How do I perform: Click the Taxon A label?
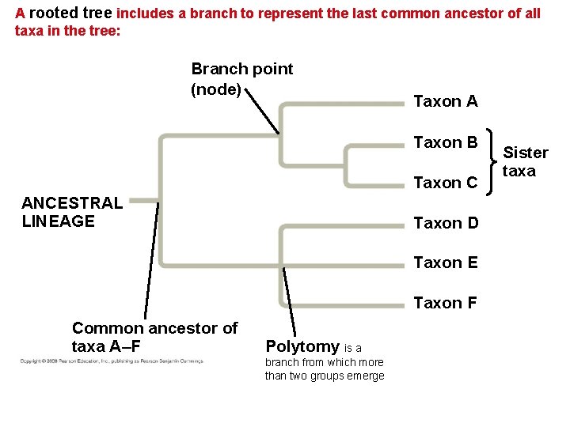[446, 101]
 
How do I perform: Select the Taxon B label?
[446, 142]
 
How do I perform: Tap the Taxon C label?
[446, 183]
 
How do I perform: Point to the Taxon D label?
[446, 223]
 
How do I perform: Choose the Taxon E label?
[446, 263]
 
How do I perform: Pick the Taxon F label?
[446, 303]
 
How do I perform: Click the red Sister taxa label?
[526, 161]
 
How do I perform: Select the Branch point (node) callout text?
[241, 79]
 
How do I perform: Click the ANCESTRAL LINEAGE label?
[72, 212]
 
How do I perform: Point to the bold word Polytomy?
[302, 346]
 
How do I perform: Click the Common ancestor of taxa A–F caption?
[154, 337]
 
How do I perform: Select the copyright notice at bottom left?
[112, 361]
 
